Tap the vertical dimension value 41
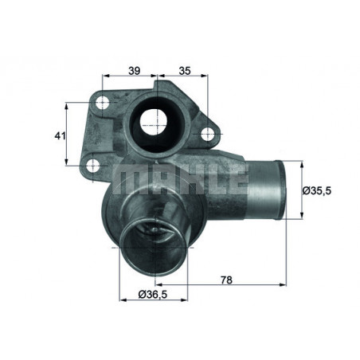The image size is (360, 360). (x=58, y=136)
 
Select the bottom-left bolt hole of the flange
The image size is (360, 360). (x=93, y=166)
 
